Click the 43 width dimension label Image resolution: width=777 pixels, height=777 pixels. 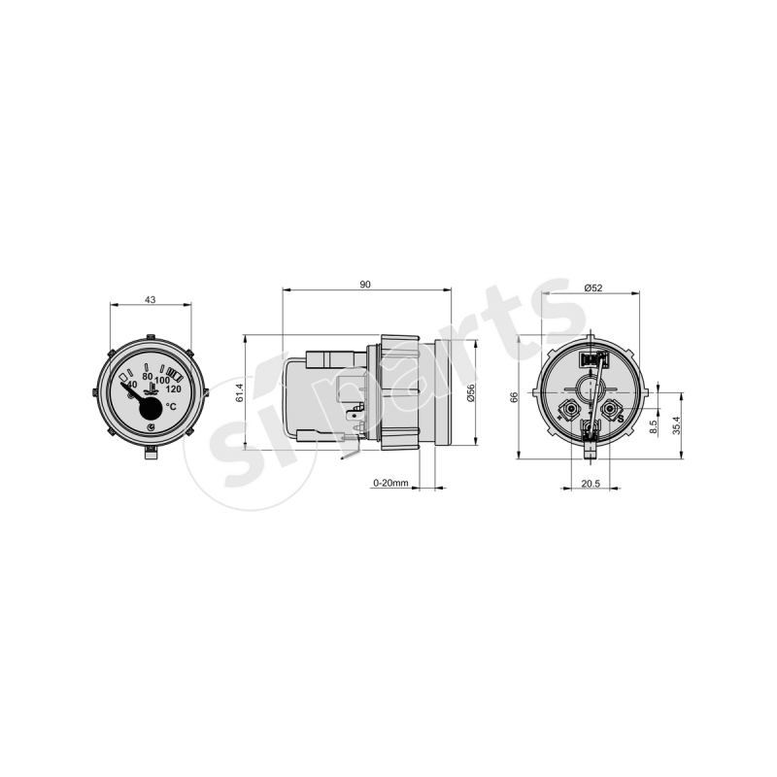pos(150,300)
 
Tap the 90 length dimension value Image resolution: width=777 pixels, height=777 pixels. pos(365,285)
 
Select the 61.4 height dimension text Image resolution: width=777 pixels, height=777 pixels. pos(240,392)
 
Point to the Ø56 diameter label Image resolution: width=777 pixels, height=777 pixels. pos(470,392)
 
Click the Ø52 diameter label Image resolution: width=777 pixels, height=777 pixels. pos(593,287)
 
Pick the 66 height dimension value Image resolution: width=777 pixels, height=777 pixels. pos(514,397)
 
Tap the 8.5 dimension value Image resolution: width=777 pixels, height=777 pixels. pos(654,427)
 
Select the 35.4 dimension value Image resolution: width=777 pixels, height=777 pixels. pos(676,424)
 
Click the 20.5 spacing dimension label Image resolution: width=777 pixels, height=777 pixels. pos(591,484)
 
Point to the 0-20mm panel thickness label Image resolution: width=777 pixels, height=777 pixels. pos(391,483)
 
